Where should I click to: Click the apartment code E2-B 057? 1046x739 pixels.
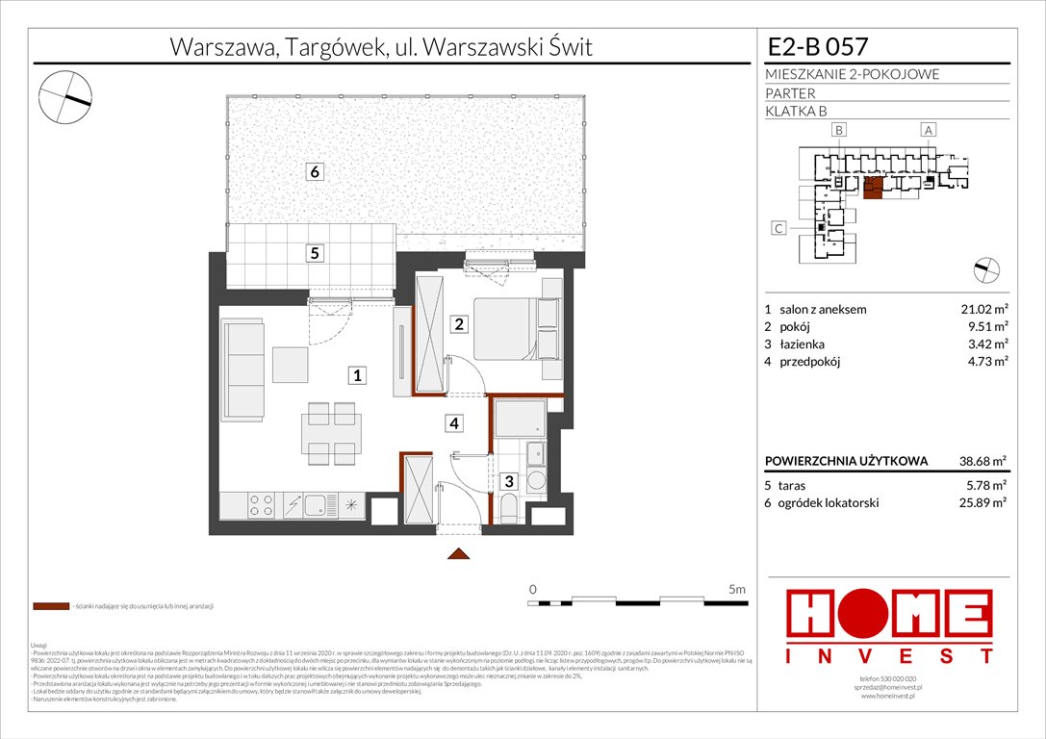pyautogui.click(x=818, y=46)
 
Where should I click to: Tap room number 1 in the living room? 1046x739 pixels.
pyautogui.click(x=357, y=376)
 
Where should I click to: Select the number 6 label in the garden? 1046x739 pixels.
pyautogui.click(x=314, y=172)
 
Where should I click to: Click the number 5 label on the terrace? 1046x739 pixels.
pyautogui.click(x=314, y=254)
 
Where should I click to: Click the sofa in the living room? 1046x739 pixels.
pyautogui.click(x=242, y=370)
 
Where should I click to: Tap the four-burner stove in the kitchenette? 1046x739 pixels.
pyautogui.click(x=259, y=505)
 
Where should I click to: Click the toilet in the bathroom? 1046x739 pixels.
pyautogui.click(x=510, y=508)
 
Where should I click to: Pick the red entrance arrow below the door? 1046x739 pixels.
pyautogui.click(x=459, y=553)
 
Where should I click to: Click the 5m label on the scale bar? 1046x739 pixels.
pyautogui.click(x=737, y=587)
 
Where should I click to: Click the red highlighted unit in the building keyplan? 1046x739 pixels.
pyautogui.click(x=874, y=189)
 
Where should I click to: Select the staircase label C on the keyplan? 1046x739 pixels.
pyautogui.click(x=778, y=229)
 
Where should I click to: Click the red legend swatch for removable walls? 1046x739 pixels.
pyautogui.click(x=50, y=607)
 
